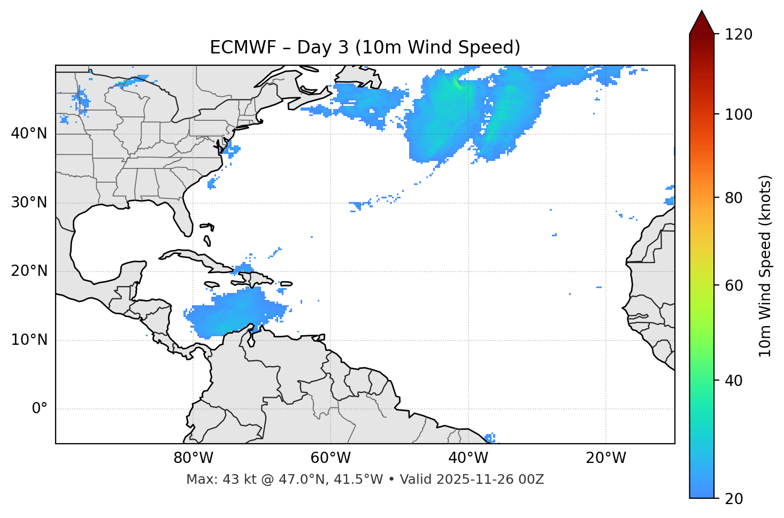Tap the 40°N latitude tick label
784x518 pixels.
pyautogui.click(x=29, y=134)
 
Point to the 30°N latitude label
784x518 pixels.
pyautogui.click(x=29, y=203)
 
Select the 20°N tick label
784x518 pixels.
pyautogui.click(x=29, y=271)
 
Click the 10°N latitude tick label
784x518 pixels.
pyautogui.click(x=29, y=340)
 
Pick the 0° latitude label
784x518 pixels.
pyautogui.click(x=40, y=409)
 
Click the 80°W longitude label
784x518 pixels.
pyautogui.click(x=193, y=458)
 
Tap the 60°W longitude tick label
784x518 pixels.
pyautogui.click(x=330, y=458)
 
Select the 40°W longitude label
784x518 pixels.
pyautogui.click(x=468, y=458)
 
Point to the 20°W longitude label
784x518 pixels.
pyautogui.click(x=606, y=458)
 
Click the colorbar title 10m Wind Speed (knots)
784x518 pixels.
pyautogui.click(x=765, y=266)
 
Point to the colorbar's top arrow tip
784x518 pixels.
pyautogui.click(x=702, y=11)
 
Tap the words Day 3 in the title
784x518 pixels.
pyautogui.click(x=322, y=48)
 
